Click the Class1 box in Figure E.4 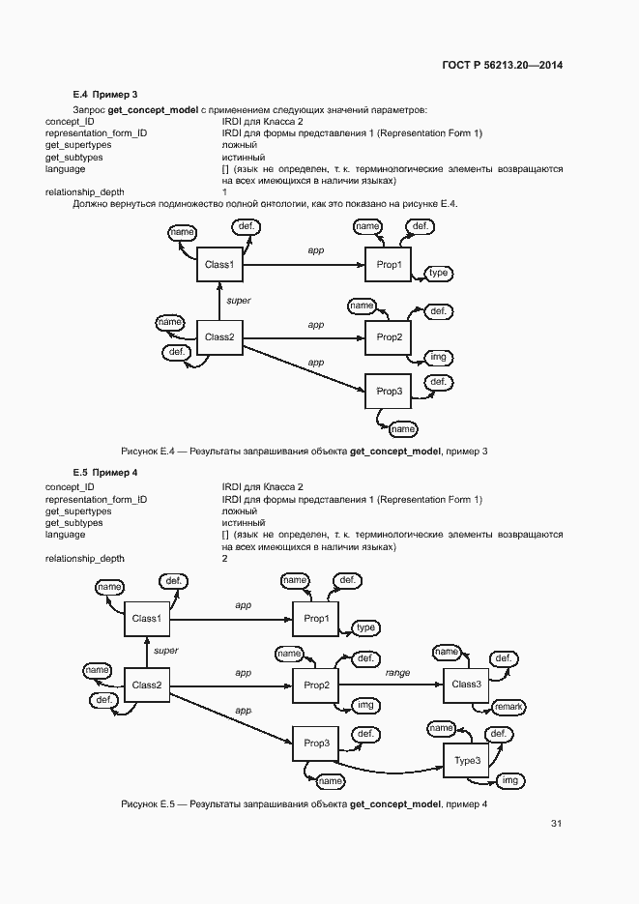pyautogui.click(x=219, y=264)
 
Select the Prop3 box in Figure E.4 pyautogui.click(x=389, y=391)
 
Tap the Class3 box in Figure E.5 pyautogui.click(x=466, y=685)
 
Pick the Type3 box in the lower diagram pyautogui.click(x=468, y=761)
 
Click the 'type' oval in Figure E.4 pyautogui.click(x=438, y=274)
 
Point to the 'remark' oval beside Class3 pyautogui.click(x=508, y=707)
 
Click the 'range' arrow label pyautogui.click(x=397, y=672)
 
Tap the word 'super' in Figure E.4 pyautogui.click(x=238, y=301)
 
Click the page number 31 pyautogui.click(x=556, y=824)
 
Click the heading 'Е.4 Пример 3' pyautogui.click(x=105, y=95)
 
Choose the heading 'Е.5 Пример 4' pyautogui.click(x=105, y=473)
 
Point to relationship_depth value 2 pyautogui.click(x=224, y=559)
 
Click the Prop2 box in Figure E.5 pyautogui.click(x=317, y=685)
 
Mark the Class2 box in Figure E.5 pyautogui.click(x=146, y=685)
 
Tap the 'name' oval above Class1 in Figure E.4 pyautogui.click(x=182, y=233)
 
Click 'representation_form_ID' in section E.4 pyautogui.click(x=97, y=133)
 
